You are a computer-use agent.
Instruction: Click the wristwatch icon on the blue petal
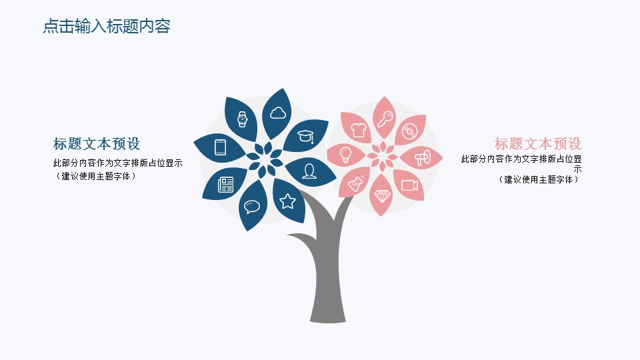[x=243, y=119]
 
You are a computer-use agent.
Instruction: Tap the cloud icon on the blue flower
[x=278, y=113]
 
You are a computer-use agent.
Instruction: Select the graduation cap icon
[x=306, y=136]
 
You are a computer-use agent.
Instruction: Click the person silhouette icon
[x=309, y=171]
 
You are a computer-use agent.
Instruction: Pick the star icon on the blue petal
[x=287, y=201]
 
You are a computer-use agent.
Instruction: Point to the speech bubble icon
[x=252, y=207]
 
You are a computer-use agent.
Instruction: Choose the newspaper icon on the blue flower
[x=226, y=185]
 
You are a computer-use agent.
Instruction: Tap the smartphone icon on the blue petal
[x=221, y=147]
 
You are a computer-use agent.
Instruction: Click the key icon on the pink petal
[x=385, y=119]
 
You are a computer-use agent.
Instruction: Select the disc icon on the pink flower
[x=409, y=131]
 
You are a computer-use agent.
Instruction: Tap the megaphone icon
[x=423, y=157]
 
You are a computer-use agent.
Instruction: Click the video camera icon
[x=409, y=185]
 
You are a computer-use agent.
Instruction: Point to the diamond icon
[x=383, y=196]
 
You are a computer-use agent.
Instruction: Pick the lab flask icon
[x=355, y=184]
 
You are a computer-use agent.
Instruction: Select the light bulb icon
[x=346, y=155]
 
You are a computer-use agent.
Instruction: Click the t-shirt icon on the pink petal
[x=359, y=130]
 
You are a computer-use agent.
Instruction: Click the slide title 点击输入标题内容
[x=107, y=26]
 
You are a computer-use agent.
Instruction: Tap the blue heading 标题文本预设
[x=97, y=144]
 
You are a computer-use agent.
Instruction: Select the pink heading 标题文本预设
[x=538, y=144]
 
